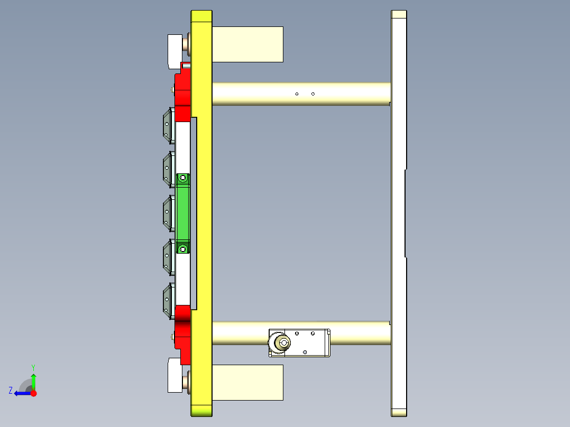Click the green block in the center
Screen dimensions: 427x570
point(183,214)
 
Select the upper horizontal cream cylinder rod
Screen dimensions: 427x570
point(301,94)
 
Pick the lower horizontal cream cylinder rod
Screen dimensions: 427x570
point(360,333)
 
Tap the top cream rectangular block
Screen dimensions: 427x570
point(247,44)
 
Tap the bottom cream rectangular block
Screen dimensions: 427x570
point(247,382)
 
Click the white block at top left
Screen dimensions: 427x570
point(174,51)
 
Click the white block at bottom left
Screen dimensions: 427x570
point(174,375)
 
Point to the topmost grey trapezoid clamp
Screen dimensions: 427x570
point(169,125)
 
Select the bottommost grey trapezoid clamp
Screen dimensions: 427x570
point(169,301)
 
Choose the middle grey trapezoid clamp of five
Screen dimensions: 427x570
point(169,213)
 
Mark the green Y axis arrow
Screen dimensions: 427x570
point(33,379)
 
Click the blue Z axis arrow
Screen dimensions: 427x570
point(21,393)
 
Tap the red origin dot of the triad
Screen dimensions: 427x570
point(33,393)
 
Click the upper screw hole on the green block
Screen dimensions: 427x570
point(183,178)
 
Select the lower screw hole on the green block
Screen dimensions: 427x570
point(183,248)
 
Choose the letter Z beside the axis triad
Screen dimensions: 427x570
point(11,391)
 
